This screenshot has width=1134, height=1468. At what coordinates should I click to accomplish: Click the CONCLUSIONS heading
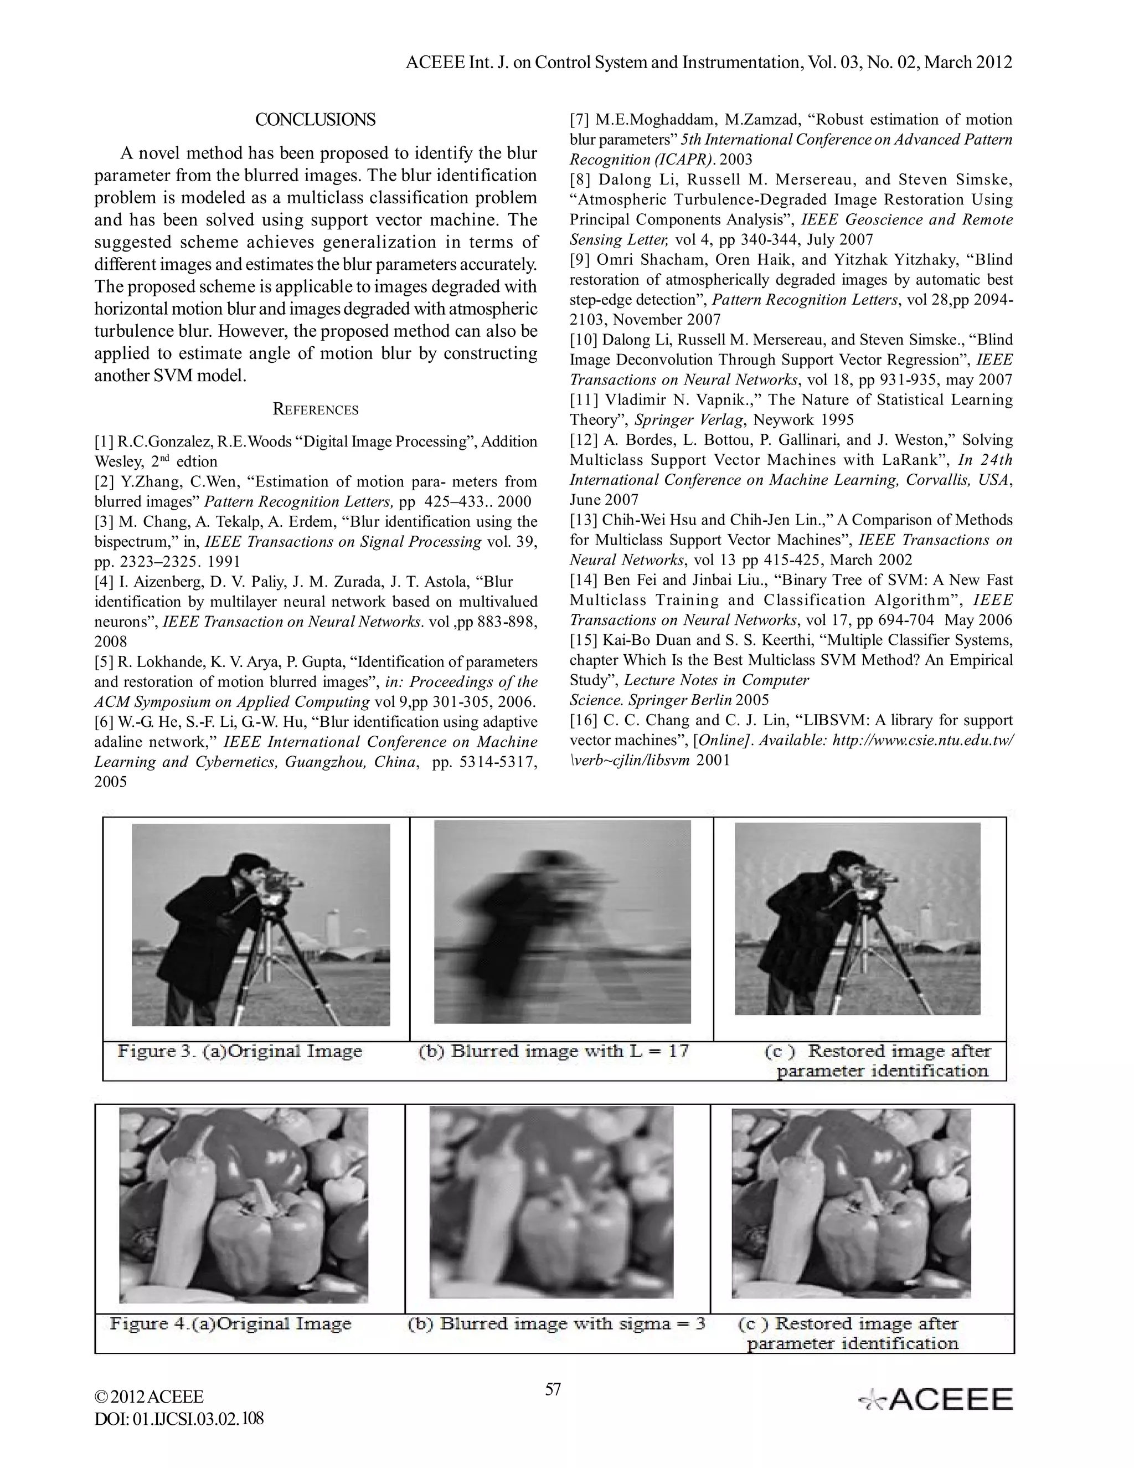(x=315, y=120)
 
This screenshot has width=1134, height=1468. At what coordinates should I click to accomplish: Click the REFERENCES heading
(x=315, y=409)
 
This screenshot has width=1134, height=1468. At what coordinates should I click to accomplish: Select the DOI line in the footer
(x=179, y=1418)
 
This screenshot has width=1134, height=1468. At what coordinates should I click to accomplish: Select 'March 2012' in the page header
(x=968, y=63)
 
